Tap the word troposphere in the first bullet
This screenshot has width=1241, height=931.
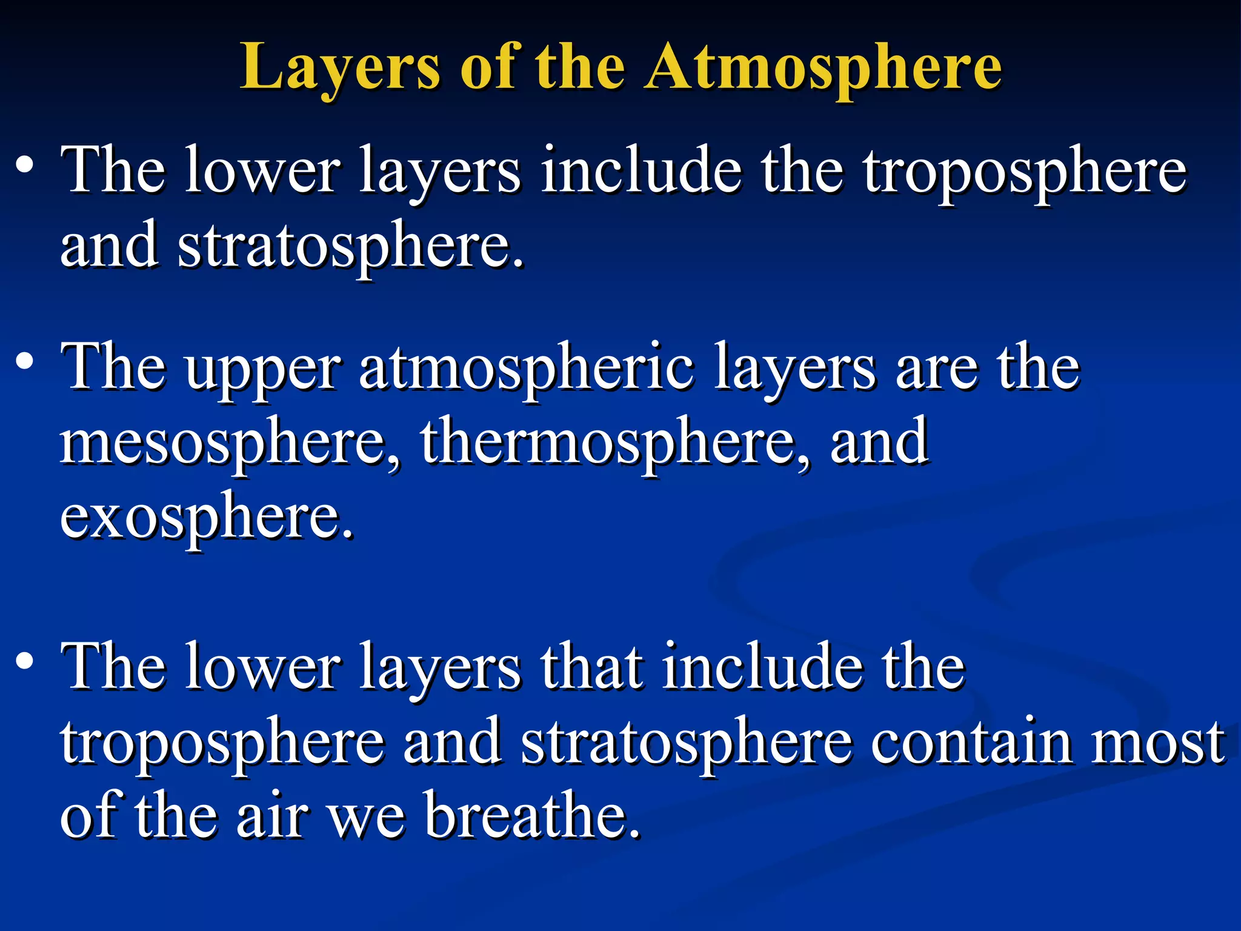(1025, 171)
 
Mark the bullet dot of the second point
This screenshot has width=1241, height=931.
(25, 362)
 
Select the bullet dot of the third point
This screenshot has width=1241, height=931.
(25, 661)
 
